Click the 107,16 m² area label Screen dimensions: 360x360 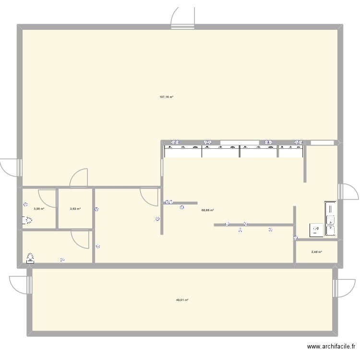point(166,97)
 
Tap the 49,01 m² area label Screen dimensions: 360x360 point(182,300)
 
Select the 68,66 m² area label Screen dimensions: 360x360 point(207,210)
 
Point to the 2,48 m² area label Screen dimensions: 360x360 point(316,252)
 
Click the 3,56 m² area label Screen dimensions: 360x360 point(39,209)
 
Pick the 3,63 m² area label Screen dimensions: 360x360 point(75,209)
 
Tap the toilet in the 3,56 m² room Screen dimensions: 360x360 point(27,221)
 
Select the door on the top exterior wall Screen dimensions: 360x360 point(184,19)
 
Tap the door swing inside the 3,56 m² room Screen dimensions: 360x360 point(47,198)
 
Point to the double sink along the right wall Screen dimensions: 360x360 point(331,219)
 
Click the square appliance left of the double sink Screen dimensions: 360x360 point(316,230)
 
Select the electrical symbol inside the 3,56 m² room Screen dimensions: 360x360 point(25,204)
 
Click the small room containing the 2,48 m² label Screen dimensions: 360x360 point(316,252)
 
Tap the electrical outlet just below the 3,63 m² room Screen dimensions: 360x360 point(98,246)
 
